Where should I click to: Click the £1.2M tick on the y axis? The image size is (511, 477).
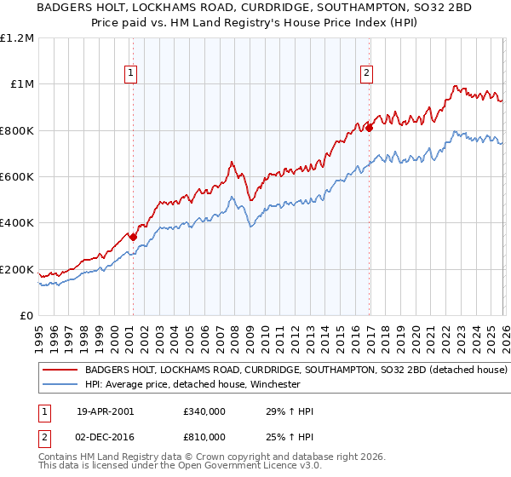(x=19, y=37)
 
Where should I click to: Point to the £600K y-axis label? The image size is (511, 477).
(x=17, y=177)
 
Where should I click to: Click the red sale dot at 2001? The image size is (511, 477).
(x=133, y=237)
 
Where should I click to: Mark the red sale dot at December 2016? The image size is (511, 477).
(x=369, y=128)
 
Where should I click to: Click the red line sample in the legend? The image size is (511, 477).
(x=60, y=371)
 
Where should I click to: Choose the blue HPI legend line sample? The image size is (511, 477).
(x=60, y=385)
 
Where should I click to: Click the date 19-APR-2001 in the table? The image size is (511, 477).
(x=105, y=412)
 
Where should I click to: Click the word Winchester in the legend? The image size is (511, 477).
(x=272, y=385)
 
